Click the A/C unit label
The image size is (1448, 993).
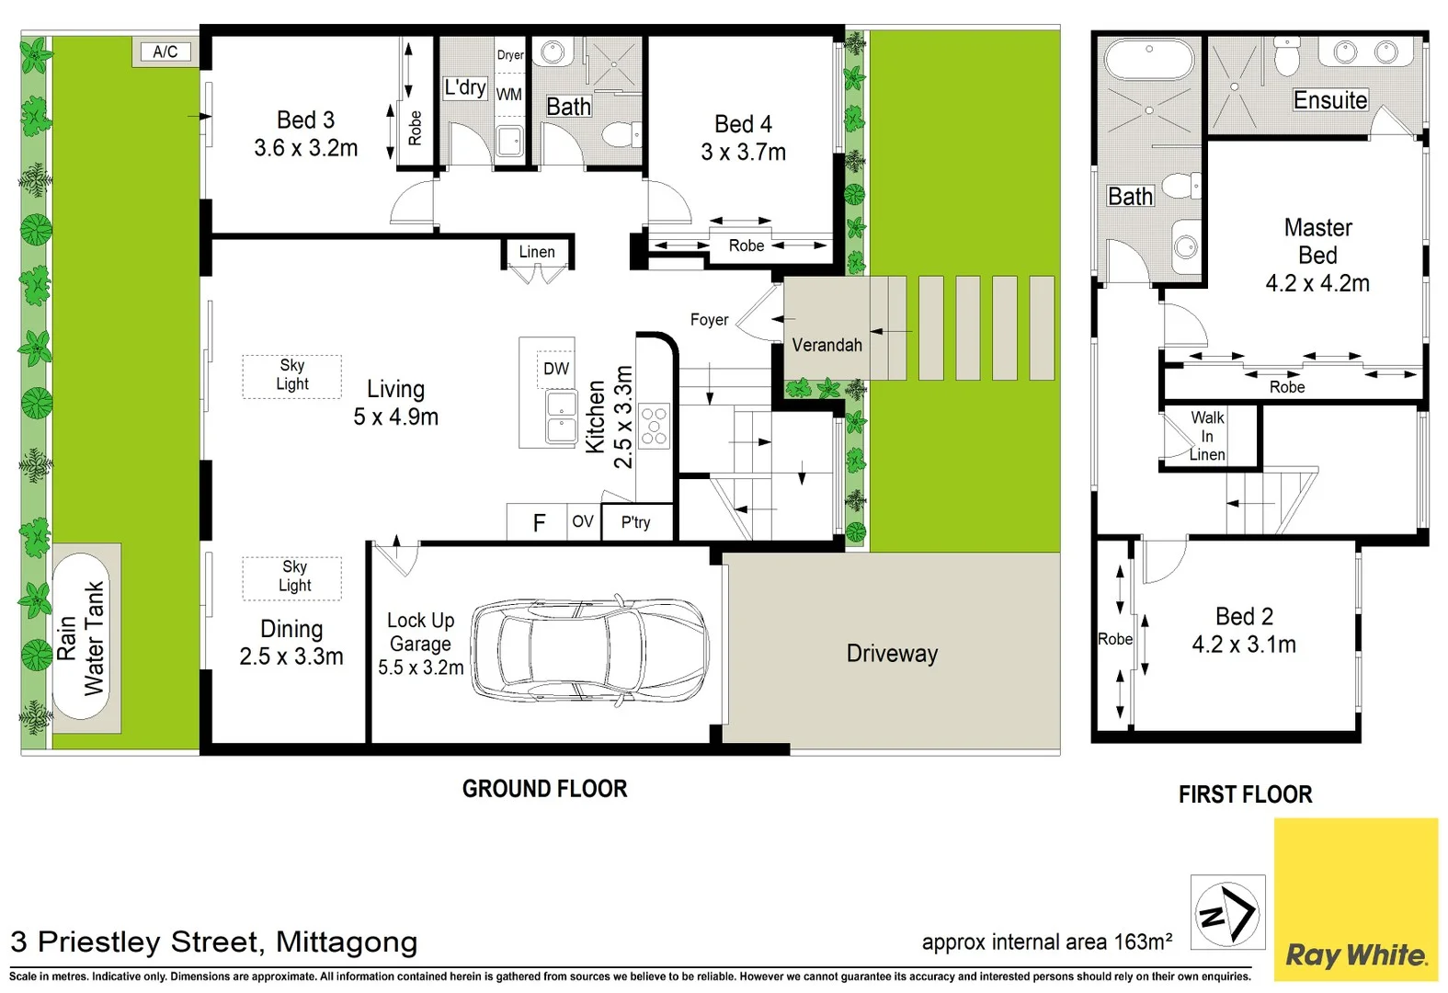point(165,51)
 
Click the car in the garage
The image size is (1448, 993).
point(589,648)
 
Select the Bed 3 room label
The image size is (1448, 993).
point(306,120)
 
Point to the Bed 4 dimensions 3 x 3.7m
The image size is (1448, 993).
point(744,152)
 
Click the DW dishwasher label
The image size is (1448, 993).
point(556,369)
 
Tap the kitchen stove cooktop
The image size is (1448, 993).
point(655,426)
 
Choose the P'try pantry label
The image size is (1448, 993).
point(635,521)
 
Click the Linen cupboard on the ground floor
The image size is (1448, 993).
point(537,252)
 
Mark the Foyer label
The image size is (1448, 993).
point(709,319)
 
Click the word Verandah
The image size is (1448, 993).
point(827,345)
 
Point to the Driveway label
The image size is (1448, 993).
point(892,653)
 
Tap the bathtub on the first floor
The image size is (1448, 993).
point(1148,59)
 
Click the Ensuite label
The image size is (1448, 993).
point(1330,100)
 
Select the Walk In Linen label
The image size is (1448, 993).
point(1207,436)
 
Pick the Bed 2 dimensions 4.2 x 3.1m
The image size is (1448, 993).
point(1244,645)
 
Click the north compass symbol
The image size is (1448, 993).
point(1227,912)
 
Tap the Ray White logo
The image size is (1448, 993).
point(1355,899)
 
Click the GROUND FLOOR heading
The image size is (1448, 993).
point(544,789)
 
